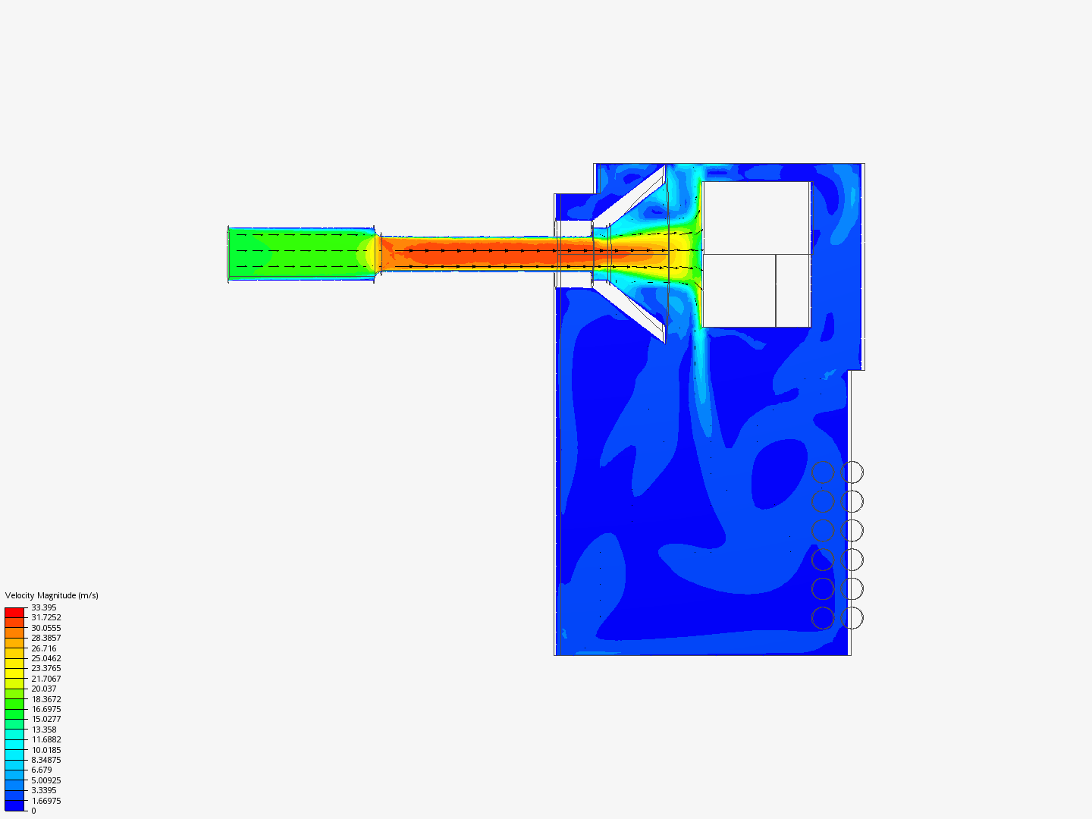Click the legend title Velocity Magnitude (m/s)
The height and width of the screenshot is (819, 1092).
(x=52, y=595)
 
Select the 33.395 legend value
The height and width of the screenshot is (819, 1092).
(x=44, y=607)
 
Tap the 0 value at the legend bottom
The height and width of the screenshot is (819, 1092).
(x=33, y=811)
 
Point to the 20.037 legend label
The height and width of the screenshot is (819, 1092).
(x=44, y=689)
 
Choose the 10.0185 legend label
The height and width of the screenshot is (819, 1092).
(x=46, y=750)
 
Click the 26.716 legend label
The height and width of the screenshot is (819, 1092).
(x=44, y=648)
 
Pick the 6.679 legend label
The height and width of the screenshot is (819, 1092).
(x=42, y=770)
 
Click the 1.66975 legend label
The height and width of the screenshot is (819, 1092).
(x=46, y=801)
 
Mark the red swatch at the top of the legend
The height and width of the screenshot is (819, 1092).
(x=14, y=612)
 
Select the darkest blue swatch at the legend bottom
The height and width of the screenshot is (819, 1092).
(x=14, y=805)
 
